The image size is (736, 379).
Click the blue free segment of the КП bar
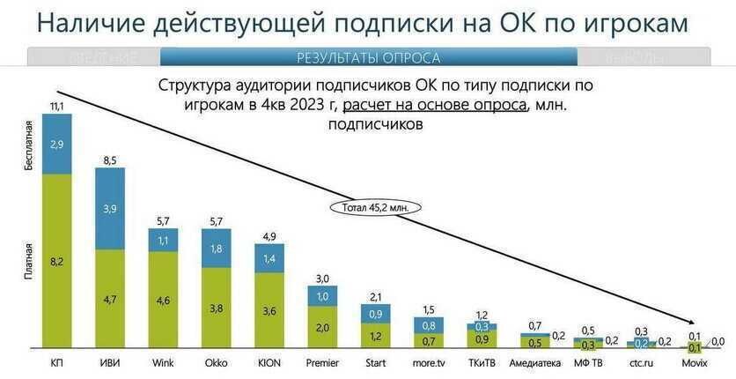click(56, 144)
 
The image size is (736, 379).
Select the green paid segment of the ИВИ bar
click(109, 299)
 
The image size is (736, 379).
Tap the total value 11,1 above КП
click(56, 106)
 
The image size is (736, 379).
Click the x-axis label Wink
click(163, 362)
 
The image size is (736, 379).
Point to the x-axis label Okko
click(216, 362)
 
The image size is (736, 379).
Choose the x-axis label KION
click(269, 362)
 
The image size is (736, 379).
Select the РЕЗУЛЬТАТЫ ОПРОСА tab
click(368, 58)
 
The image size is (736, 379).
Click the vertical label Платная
click(28, 264)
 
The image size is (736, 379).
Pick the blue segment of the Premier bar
click(322, 296)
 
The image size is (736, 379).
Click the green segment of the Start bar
click(376, 336)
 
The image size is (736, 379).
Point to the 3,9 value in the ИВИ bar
click(109, 208)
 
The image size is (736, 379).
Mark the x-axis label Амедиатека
click(535, 362)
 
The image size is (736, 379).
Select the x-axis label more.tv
click(429, 362)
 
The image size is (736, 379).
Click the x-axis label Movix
click(695, 362)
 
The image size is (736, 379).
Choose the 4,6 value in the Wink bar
click(163, 301)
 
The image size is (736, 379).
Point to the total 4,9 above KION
click(269, 235)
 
